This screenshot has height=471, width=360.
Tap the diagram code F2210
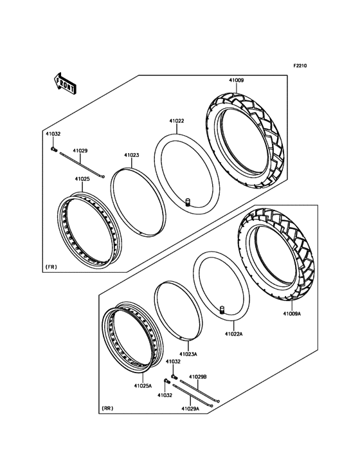(300, 66)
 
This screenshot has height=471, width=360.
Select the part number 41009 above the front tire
(237, 80)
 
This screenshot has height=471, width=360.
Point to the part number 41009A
(292, 314)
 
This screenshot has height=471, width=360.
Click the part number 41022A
(234, 334)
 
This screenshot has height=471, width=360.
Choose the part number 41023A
(188, 354)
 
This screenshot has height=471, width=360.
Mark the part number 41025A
(143, 385)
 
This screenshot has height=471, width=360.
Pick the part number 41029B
(198, 376)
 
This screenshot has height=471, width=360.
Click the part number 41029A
(190, 409)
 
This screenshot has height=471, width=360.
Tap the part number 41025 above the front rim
(82, 179)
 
